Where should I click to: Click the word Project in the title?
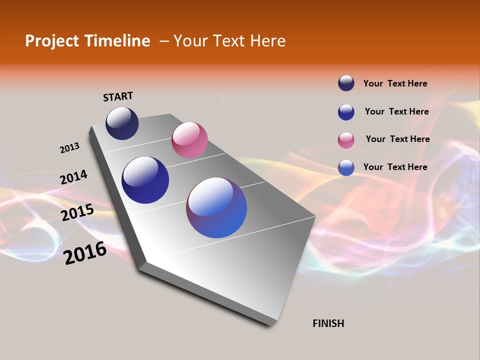(51, 41)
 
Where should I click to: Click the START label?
(118, 96)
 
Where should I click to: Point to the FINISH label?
(328, 323)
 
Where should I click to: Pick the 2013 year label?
(69, 148)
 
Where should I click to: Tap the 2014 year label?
(73, 177)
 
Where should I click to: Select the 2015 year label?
(77, 212)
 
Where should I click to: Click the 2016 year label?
(85, 253)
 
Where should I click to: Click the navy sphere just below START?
(122, 123)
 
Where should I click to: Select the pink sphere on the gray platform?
(189, 140)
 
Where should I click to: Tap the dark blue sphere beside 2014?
(145, 180)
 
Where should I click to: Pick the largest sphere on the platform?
(216, 207)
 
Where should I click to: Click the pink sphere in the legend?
(346, 140)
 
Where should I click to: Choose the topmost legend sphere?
(346, 83)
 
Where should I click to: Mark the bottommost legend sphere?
(346, 167)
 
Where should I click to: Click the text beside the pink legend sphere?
(397, 139)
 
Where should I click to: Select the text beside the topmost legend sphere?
(395, 83)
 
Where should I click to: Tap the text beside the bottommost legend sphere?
(395, 167)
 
